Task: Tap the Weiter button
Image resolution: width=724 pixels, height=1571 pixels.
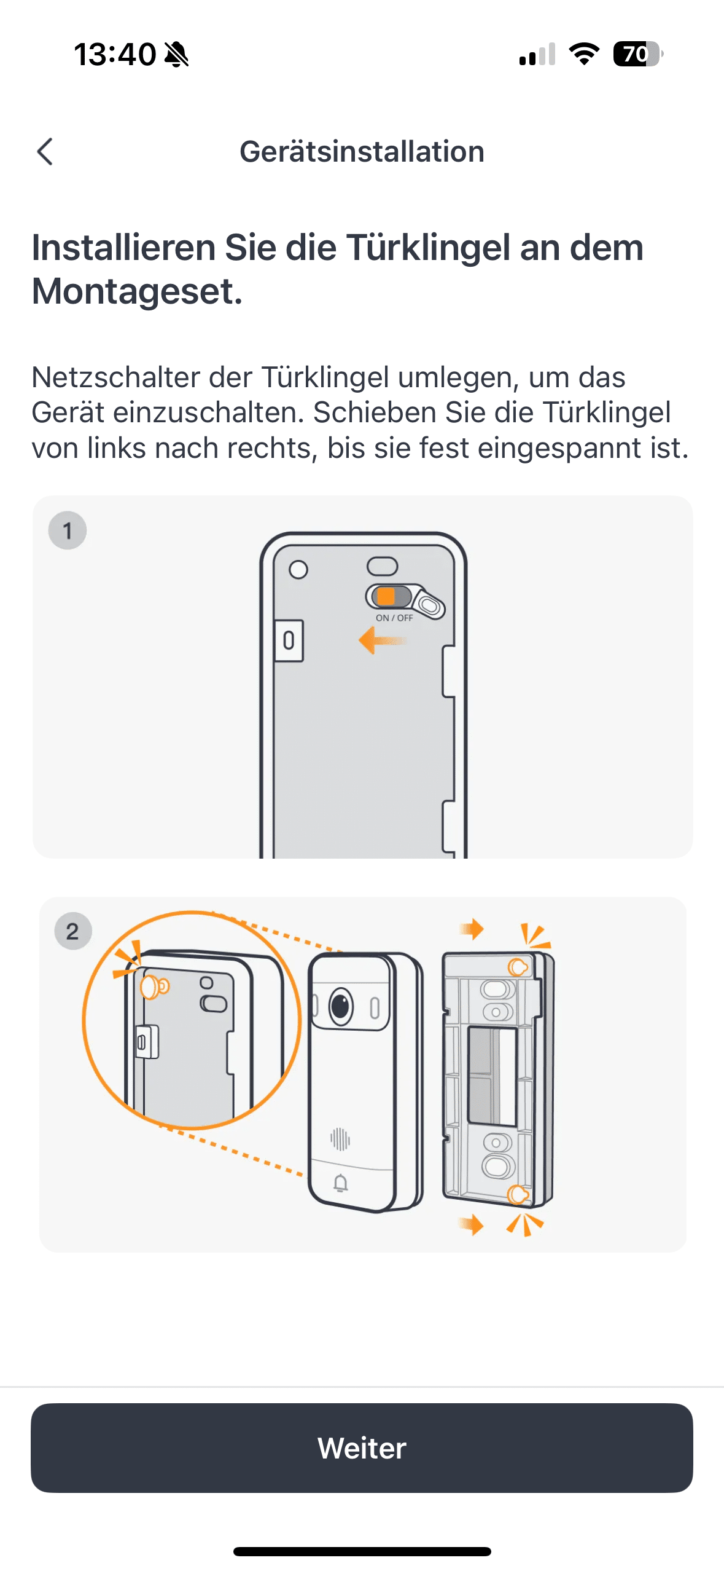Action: point(362,1447)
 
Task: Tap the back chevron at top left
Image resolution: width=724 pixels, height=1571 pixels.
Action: point(45,151)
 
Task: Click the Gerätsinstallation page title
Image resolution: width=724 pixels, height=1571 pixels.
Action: point(362,151)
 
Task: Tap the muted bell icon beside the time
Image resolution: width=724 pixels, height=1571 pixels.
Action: point(177,54)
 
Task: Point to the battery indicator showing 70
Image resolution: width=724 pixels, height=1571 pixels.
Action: point(638,54)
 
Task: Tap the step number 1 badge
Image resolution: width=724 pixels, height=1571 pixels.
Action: point(68,530)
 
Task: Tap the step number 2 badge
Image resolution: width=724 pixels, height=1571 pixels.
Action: point(73,931)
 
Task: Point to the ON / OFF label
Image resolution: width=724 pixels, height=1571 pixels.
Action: point(394,618)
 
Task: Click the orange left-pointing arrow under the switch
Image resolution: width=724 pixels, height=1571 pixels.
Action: point(382,640)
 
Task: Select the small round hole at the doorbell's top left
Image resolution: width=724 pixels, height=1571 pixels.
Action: point(298,570)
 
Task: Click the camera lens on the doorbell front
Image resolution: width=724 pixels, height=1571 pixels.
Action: point(341,1006)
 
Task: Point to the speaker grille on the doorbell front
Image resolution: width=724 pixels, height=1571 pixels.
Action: point(340,1138)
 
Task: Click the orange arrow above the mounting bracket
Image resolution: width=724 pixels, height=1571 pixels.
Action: point(472,929)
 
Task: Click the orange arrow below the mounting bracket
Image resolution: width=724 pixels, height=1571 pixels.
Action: point(472,1224)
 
